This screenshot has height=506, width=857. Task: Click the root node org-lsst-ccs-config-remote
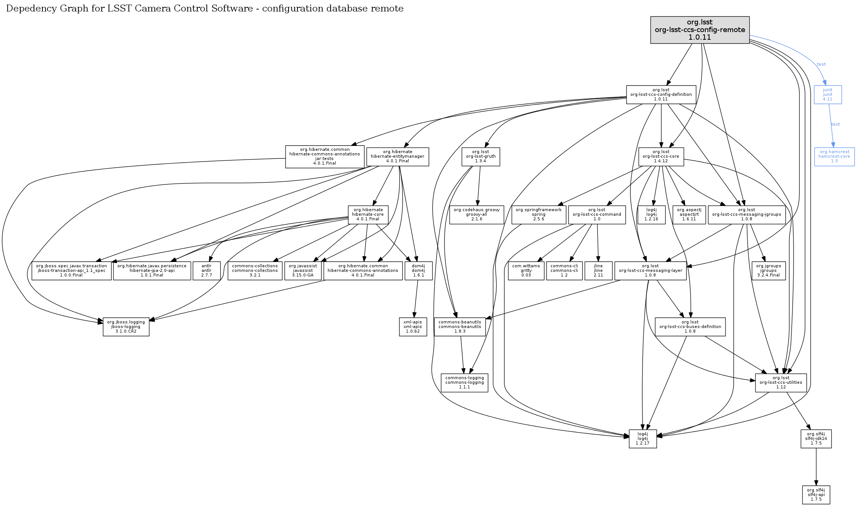coord(700,30)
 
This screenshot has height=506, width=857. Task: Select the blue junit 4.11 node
coord(828,94)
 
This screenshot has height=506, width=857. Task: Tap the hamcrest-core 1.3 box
coord(834,157)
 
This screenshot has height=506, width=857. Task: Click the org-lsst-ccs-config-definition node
coord(661,94)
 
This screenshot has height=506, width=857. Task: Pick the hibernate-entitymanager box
coord(398,157)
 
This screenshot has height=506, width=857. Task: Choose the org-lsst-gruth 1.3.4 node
coord(480,157)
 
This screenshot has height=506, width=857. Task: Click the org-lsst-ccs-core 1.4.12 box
coord(661,157)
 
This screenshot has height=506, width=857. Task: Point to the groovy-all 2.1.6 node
coord(477,215)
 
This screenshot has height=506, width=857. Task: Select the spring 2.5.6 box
coord(539,215)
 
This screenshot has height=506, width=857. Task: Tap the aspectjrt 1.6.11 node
coord(689,215)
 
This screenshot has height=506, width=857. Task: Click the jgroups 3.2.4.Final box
coord(768,271)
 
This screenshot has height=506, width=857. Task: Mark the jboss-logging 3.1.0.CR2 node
coord(126,327)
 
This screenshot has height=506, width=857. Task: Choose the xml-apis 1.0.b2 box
coord(413,327)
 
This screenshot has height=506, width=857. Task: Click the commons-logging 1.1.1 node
coord(464,383)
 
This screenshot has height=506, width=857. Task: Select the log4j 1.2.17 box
coord(643,439)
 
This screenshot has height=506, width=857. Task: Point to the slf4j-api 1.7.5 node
coord(816,495)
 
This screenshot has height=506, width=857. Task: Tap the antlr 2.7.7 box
coord(206,271)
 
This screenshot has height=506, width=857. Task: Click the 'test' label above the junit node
coord(821,65)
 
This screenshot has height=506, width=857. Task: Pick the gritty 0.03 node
coord(526,271)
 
